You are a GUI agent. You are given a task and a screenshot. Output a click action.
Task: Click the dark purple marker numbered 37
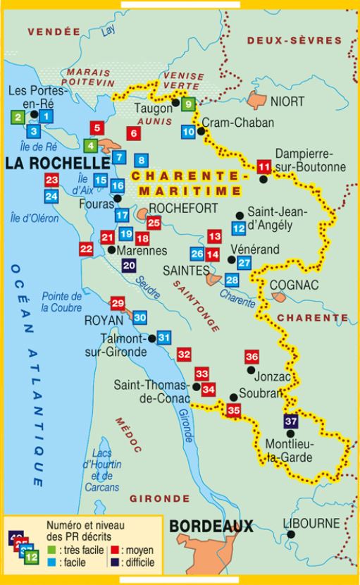pyautogui.click(x=290, y=421)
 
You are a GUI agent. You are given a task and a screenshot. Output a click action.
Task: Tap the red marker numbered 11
pyautogui.click(x=264, y=167)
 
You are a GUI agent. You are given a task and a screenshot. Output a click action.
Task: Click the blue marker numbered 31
pyautogui.click(x=163, y=338)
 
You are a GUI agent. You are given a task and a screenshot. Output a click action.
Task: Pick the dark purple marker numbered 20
pyautogui.click(x=129, y=265)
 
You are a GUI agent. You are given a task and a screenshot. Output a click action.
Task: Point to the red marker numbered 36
pyautogui.click(x=252, y=357)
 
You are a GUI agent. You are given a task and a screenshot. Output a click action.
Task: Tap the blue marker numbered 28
pyautogui.click(x=231, y=280)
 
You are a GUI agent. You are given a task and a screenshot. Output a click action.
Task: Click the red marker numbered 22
pyautogui.click(x=86, y=248)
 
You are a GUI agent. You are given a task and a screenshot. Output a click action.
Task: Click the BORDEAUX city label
pyautogui.click(x=211, y=526)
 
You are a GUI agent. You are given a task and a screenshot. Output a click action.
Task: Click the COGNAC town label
pyautogui.click(x=294, y=284)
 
